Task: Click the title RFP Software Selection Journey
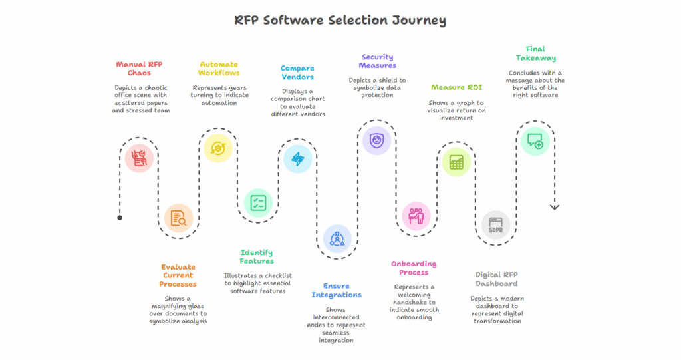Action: (x=340, y=20)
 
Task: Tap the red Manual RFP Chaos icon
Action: (x=139, y=158)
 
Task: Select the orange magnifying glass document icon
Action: (x=178, y=218)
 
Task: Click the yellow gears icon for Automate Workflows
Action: (x=217, y=148)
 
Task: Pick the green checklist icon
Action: (x=258, y=203)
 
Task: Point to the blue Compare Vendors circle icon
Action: (x=297, y=159)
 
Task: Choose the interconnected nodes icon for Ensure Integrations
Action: (x=337, y=238)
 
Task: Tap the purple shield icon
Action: (x=376, y=140)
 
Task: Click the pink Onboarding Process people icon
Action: (x=416, y=216)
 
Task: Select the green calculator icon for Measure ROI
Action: (x=456, y=162)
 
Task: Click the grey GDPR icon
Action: (x=495, y=226)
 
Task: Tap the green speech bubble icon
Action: (x=535, y=141)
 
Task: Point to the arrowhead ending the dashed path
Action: (x=555, y=208)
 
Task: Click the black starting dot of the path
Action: (x=120, y=218)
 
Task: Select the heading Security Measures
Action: (x=377, y=61)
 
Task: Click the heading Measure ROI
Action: (x=456, y=87)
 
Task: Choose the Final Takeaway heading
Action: (x=535, y=53)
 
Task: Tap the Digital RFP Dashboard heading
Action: (x=495, y=279)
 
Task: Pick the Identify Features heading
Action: (x=257, y=256)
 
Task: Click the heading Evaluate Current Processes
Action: (x=178, y=275)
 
